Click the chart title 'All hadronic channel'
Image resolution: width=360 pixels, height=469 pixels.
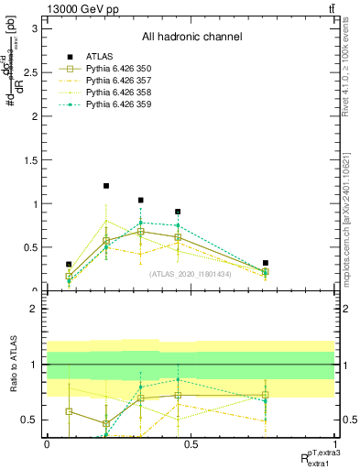click(x=191, y=37)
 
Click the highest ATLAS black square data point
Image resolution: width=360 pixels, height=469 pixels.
click(x=106, y=186)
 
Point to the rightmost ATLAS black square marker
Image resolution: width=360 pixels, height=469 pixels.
click(x=265, y=263)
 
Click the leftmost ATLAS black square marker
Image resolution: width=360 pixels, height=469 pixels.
click(x=69, y=264)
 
